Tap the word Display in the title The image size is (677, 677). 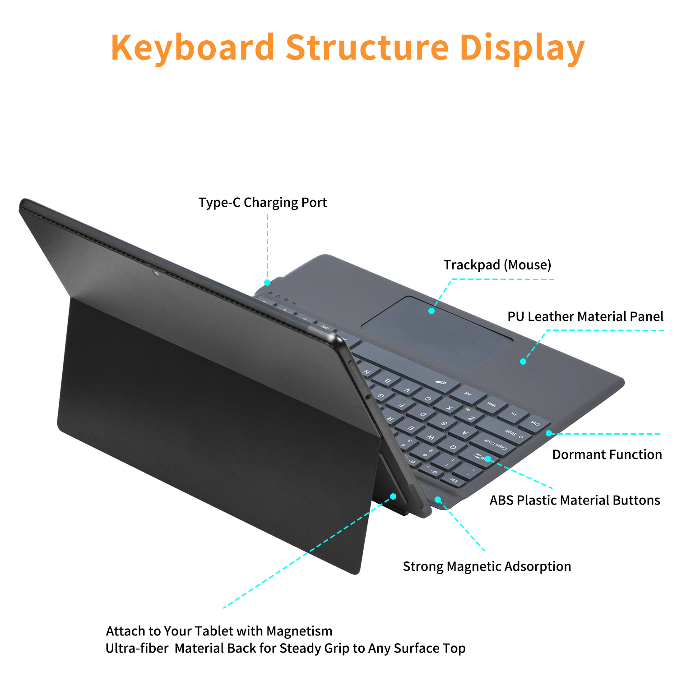click(522, 48)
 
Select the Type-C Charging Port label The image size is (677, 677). click(263, 203)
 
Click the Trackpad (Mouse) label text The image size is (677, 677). click(497, 265)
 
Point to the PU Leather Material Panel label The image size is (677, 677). click(585, 317)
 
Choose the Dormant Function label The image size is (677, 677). click(607, 454)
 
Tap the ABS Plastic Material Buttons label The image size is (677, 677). click(575, 500)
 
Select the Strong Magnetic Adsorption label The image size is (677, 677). click(487, 566)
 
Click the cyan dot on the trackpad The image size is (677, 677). click(431, 311)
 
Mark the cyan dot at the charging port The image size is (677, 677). click(267, 283)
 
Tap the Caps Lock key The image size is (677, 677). click(496, 445)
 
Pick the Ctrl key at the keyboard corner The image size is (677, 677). click(535, 424)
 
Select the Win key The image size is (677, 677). click(491, 405)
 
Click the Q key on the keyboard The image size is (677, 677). click(453, 447)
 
